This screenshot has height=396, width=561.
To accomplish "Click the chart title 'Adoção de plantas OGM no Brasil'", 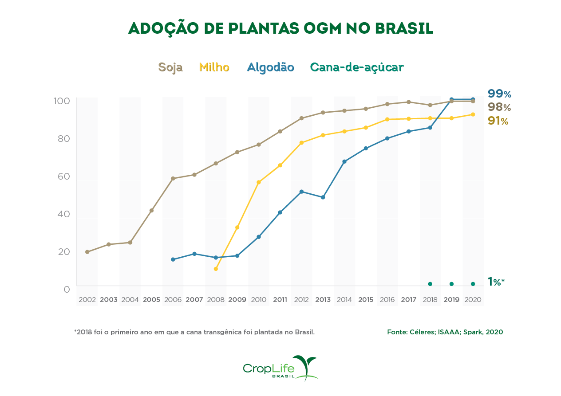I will [280, 28].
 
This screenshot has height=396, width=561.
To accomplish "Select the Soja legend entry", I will [170, 67].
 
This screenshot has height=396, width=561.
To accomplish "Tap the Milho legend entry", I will [214, 67].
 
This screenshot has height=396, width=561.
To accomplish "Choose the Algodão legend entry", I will [270, 67].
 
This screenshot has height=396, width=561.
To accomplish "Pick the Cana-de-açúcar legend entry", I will [357, 67].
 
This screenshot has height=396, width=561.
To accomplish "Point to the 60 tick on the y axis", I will [63, 176].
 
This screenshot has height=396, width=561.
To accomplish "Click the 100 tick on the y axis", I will [62, 101].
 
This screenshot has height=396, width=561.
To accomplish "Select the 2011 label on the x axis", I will [280, 300].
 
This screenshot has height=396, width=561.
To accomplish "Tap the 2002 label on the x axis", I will [87, 300].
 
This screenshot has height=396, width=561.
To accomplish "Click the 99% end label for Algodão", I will [499, 94].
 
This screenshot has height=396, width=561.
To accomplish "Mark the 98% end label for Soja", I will [499, 107].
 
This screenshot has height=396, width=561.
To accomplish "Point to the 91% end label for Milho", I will [498, 121].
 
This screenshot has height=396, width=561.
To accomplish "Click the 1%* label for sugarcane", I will [496, 282].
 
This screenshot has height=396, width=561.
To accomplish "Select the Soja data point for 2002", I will [87, 252].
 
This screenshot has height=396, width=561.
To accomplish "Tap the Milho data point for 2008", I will [216, 269].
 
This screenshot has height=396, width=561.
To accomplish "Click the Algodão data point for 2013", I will [323, 197].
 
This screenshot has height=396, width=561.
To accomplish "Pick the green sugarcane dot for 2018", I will [430, 284].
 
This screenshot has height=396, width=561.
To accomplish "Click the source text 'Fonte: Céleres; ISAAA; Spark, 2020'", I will [445, 332].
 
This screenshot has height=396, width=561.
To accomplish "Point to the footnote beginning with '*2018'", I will [194, 332].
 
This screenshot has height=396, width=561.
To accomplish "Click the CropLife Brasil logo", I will [280, 368].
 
